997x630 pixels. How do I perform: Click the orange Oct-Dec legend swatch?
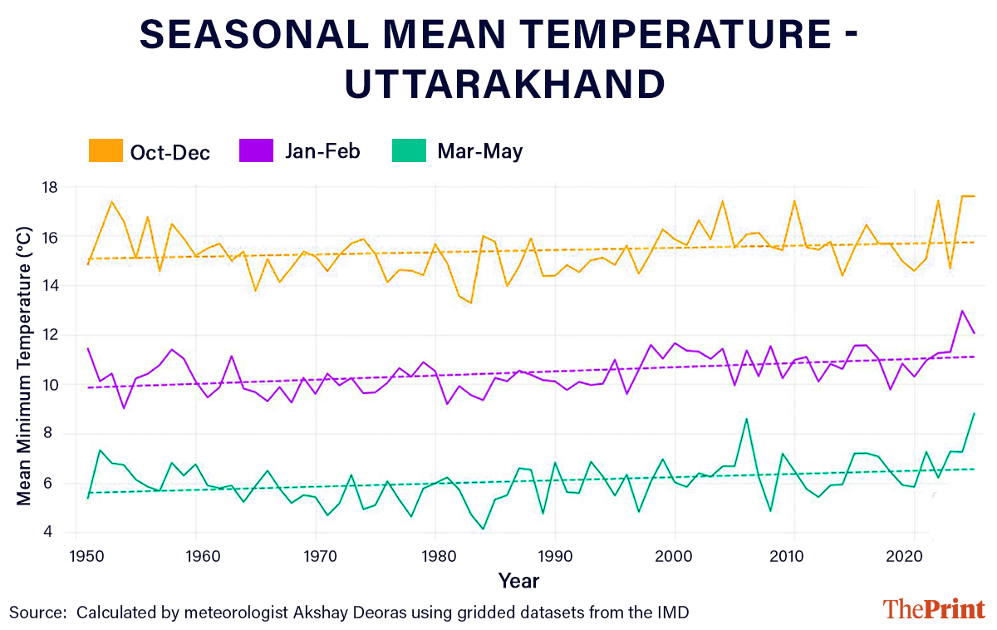point(106,151)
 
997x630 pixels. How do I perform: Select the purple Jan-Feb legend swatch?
point(256,151)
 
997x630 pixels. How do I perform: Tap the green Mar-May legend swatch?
point(407,151)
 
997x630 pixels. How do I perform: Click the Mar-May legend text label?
point(479,151)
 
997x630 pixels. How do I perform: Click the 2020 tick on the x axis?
point(914,553)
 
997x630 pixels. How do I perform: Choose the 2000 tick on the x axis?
point(675,553)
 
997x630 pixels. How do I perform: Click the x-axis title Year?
point(518,579)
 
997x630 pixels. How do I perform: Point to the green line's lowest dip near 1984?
point(483,529)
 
